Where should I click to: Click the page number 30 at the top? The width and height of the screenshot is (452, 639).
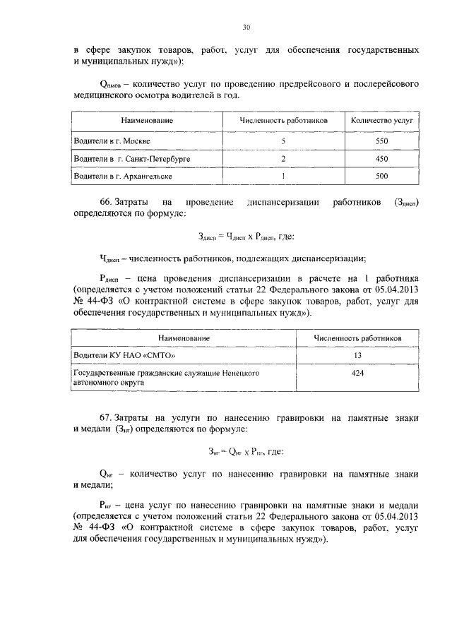click(246, 28)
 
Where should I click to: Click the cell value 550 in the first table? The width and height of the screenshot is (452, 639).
click(381, 141)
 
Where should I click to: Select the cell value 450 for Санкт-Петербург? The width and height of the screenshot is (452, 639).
click(381, 158)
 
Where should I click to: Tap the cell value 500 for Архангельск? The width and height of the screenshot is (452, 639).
click(381, 176)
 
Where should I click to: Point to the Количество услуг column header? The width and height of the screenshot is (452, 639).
click(381, 121)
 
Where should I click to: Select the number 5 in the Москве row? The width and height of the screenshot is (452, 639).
click(282, 141)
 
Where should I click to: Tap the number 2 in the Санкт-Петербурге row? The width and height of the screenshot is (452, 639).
click(282, 158)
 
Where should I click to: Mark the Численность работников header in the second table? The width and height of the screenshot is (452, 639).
click(357, 338)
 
